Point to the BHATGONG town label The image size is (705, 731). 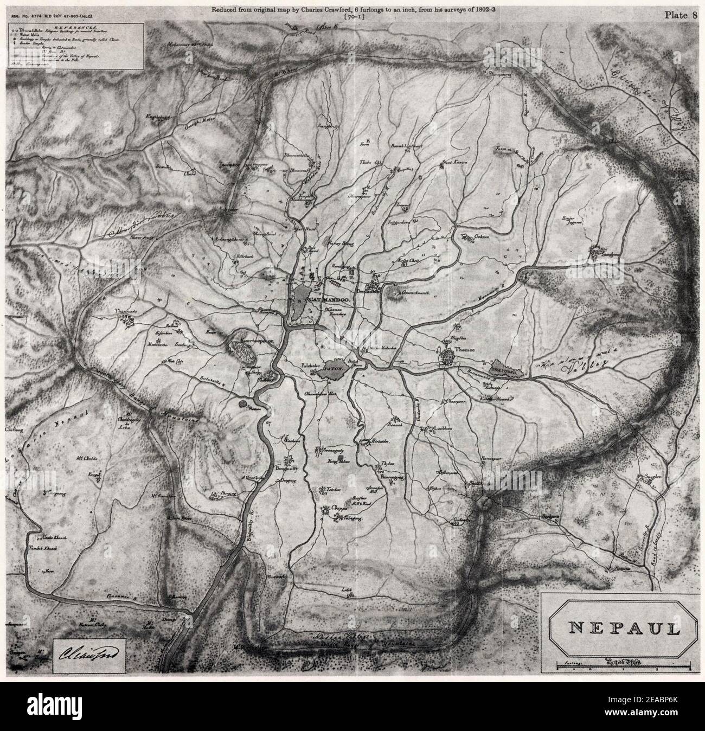(x=506, y=368)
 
